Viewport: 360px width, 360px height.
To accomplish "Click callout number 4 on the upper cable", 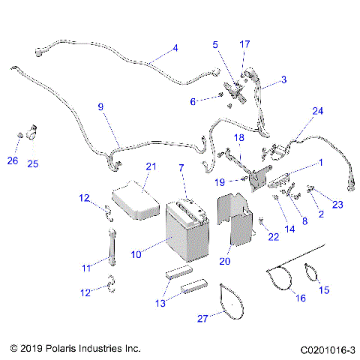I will click(175, 48).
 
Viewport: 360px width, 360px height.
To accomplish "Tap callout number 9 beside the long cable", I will click(100, 107).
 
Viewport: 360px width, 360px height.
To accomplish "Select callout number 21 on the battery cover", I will click(151, 166).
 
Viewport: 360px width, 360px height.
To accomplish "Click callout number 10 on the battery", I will click(136, 255).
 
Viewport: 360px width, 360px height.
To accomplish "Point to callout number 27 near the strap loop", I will click(201, 318).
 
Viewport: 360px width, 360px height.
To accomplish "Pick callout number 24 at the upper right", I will click(318, 111).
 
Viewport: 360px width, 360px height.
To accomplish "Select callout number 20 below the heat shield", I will click(224, 261).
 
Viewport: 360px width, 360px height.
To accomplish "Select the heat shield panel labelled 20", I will click(238, 221).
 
